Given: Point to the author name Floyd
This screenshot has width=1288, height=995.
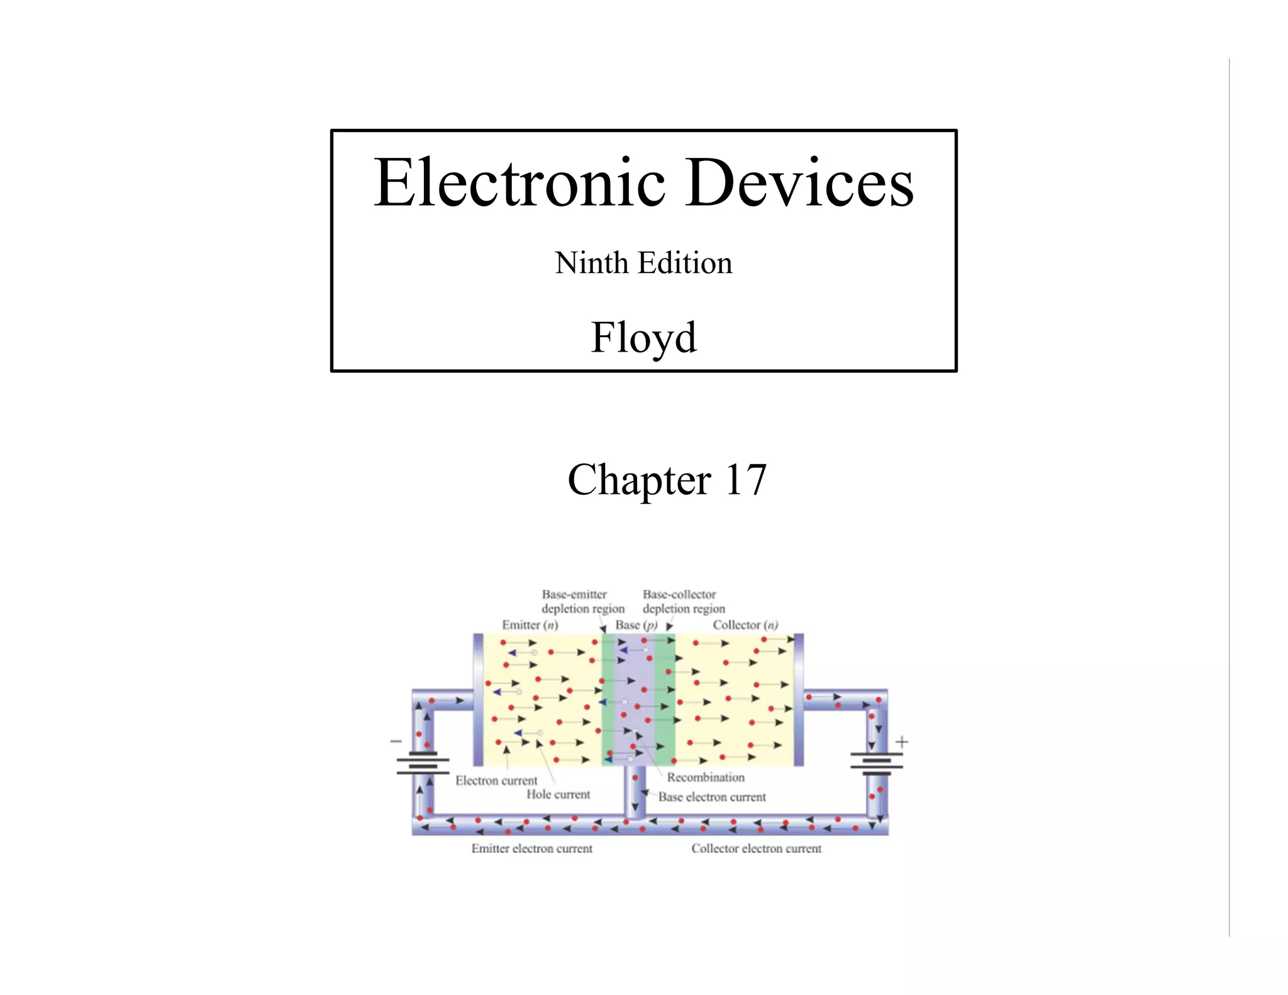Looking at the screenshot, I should click(x=643, y=338).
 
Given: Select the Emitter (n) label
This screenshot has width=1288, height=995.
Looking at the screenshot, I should click(x=530, y=625).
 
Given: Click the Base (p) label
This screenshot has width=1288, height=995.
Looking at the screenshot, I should click(x=636, y=625).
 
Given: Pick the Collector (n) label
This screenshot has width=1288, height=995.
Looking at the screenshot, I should click(x=745, y=625).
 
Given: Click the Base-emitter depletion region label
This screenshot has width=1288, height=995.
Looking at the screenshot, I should click(x=582, y=602).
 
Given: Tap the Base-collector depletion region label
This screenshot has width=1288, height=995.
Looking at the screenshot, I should click(x=683, y=602).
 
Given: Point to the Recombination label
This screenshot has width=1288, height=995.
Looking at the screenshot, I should click(x=706, y=777).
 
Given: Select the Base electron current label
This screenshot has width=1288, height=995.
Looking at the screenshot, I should click(x=712, y=798).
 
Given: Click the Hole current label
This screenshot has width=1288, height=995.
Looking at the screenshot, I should click(x=558, y=795).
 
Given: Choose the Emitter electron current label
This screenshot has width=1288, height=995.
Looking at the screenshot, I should click(x=531, y=849).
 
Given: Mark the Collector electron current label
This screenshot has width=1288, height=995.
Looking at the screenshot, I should click(x=756, y=849).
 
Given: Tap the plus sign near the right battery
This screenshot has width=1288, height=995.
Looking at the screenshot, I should click(x=902, y=742).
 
